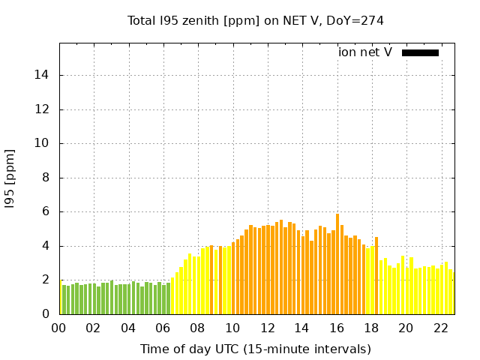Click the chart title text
(255, 20)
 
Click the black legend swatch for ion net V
(420, 52)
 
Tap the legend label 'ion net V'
(365, 52)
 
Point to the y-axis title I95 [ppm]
(10, 178)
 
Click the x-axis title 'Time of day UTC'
(255, 349)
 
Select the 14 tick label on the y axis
(43, 75)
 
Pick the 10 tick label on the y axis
(43, 143)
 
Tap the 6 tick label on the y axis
(46, 212)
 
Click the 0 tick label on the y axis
(46, 314)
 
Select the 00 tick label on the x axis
(58, 328)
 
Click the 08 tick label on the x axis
(197, 328)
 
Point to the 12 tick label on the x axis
(267, 328)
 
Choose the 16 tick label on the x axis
(336, 328)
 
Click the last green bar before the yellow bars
(168, 298)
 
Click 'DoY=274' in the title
(354, 20)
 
